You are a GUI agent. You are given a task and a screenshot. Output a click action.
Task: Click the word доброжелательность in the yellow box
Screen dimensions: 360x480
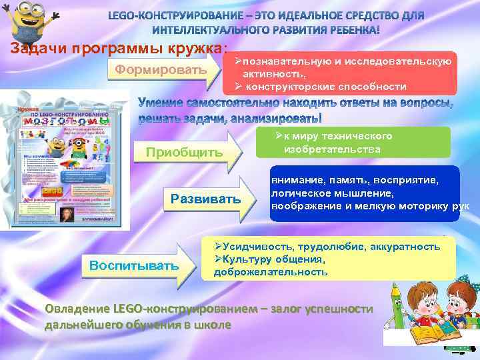tap(271, 272)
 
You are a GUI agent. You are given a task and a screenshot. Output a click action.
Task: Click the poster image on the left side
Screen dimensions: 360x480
tap(63, 160)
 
